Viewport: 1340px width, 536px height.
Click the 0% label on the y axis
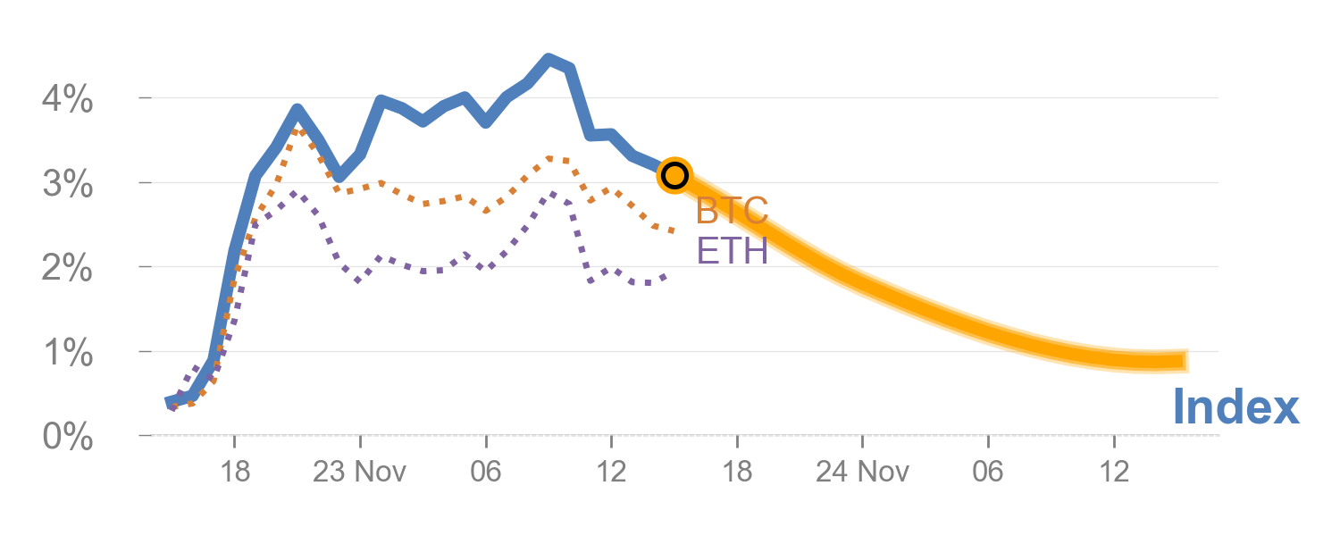pyautogui.click(x=67, y=439)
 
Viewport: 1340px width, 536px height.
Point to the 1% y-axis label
pyautogui.click(x=67, y=354)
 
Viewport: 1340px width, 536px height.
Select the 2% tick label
pyautogui.click(x=67, y=269)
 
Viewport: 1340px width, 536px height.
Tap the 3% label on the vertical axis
pyautogui.click(x=67, y=185)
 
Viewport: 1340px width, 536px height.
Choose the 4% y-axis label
pyautogui.click(x=67, y=100)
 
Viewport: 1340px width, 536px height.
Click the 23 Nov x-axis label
pyautogui.click(x=359, y=472)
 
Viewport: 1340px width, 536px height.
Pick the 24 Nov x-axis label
pyautogui.click(x=861, y=472)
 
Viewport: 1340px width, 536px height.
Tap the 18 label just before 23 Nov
pyautogui.click(x=234, y=472)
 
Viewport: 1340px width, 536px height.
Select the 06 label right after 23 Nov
pyautogui.click(x=485, y=472)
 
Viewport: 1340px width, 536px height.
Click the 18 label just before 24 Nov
pyautogui.click(x=737, y=472)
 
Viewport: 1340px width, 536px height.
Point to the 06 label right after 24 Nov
pyautogui.click(x=988, y=472)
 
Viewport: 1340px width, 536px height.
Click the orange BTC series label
pyautogui.click(x=732, y=212)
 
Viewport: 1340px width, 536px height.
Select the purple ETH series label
pyautogui.click(x=732, y=251)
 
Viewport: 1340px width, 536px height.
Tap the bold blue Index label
pyautogui.click(x=1235, y=407)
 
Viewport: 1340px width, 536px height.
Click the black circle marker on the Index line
pyautogui.click(x=674, y=175)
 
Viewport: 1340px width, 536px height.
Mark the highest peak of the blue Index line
pyautogui.click(x=549, y=59)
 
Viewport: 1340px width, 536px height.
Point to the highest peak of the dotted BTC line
pyautogui.click(x=299, y=130)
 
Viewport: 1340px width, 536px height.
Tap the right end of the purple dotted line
pyautogui.click(x=666, y=276)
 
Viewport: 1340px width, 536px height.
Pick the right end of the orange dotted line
pyautogui.click(x=673, y=231)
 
